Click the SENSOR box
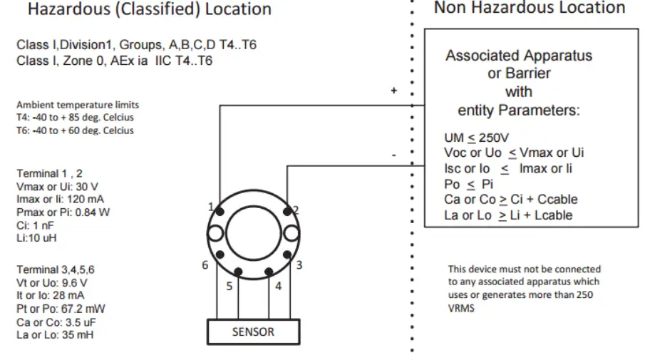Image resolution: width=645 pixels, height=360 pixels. pos(253,331)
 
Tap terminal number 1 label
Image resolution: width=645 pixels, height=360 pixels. pos(211,207)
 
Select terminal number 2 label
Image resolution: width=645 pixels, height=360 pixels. pos(295,210)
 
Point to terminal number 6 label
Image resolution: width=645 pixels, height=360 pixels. pos(205,265)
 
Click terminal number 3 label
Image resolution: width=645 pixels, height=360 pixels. pos(299,265)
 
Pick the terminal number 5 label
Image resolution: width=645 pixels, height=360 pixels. pos(229,287)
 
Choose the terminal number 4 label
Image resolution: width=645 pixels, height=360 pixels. pos(278,287)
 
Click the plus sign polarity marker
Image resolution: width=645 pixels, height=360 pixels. pos(393,91)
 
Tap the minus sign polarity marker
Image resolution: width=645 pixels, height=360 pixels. pos(393,154)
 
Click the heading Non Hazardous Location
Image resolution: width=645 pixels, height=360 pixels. pos(530,9)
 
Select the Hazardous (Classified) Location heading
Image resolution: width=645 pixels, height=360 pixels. pos(150,10)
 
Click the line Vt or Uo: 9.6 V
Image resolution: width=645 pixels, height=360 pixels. pos(55,283)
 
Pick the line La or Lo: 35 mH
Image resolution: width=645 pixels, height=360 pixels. pos(55,334)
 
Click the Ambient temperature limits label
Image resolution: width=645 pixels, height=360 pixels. pos(78,105)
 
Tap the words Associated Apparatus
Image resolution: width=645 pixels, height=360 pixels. pos(519,56)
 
